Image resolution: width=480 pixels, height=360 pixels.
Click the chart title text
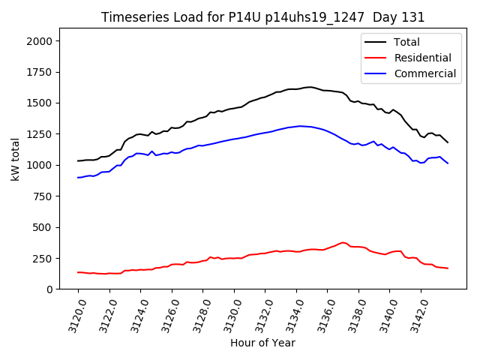point(262,17)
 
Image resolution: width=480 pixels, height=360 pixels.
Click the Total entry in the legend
point(407,42)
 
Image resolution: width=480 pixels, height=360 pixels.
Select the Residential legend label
point(422,58)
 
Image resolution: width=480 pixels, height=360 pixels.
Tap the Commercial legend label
point(424,73)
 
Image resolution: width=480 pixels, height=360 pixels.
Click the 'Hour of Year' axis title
point(262,343)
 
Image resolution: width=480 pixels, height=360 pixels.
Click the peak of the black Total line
point(310,87)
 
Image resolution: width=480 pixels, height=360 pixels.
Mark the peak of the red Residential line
point(343,242)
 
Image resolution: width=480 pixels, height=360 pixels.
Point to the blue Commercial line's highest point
point(300,126)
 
